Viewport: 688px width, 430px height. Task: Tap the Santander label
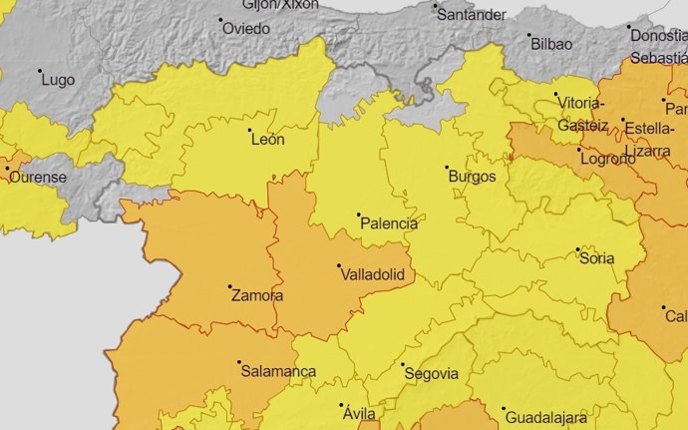pos(473,15)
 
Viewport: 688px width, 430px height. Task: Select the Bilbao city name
pos(551,44)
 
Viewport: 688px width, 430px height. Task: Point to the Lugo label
pos(58,79)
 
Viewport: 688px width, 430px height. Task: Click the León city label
pos(267,140)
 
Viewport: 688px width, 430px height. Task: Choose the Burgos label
pos(473,177)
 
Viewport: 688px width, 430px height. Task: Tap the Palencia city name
pos(388,223)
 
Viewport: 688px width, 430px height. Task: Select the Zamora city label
pos(256,295)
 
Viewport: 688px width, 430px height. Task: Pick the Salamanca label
pos(278,371)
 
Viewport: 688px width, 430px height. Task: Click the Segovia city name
pos(430,374)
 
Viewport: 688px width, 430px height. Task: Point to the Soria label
pos(596,258)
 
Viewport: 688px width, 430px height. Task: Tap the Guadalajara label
pos(544,417)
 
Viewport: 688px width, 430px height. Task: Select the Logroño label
pos(606,158)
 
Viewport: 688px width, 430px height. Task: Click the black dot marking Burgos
pos(447,168)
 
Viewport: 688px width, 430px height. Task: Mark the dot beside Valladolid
pos(339,265)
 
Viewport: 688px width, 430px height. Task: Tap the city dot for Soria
pos(577,249)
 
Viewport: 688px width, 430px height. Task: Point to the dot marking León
pos(248,130)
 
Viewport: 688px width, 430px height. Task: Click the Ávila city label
pos(357,413)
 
